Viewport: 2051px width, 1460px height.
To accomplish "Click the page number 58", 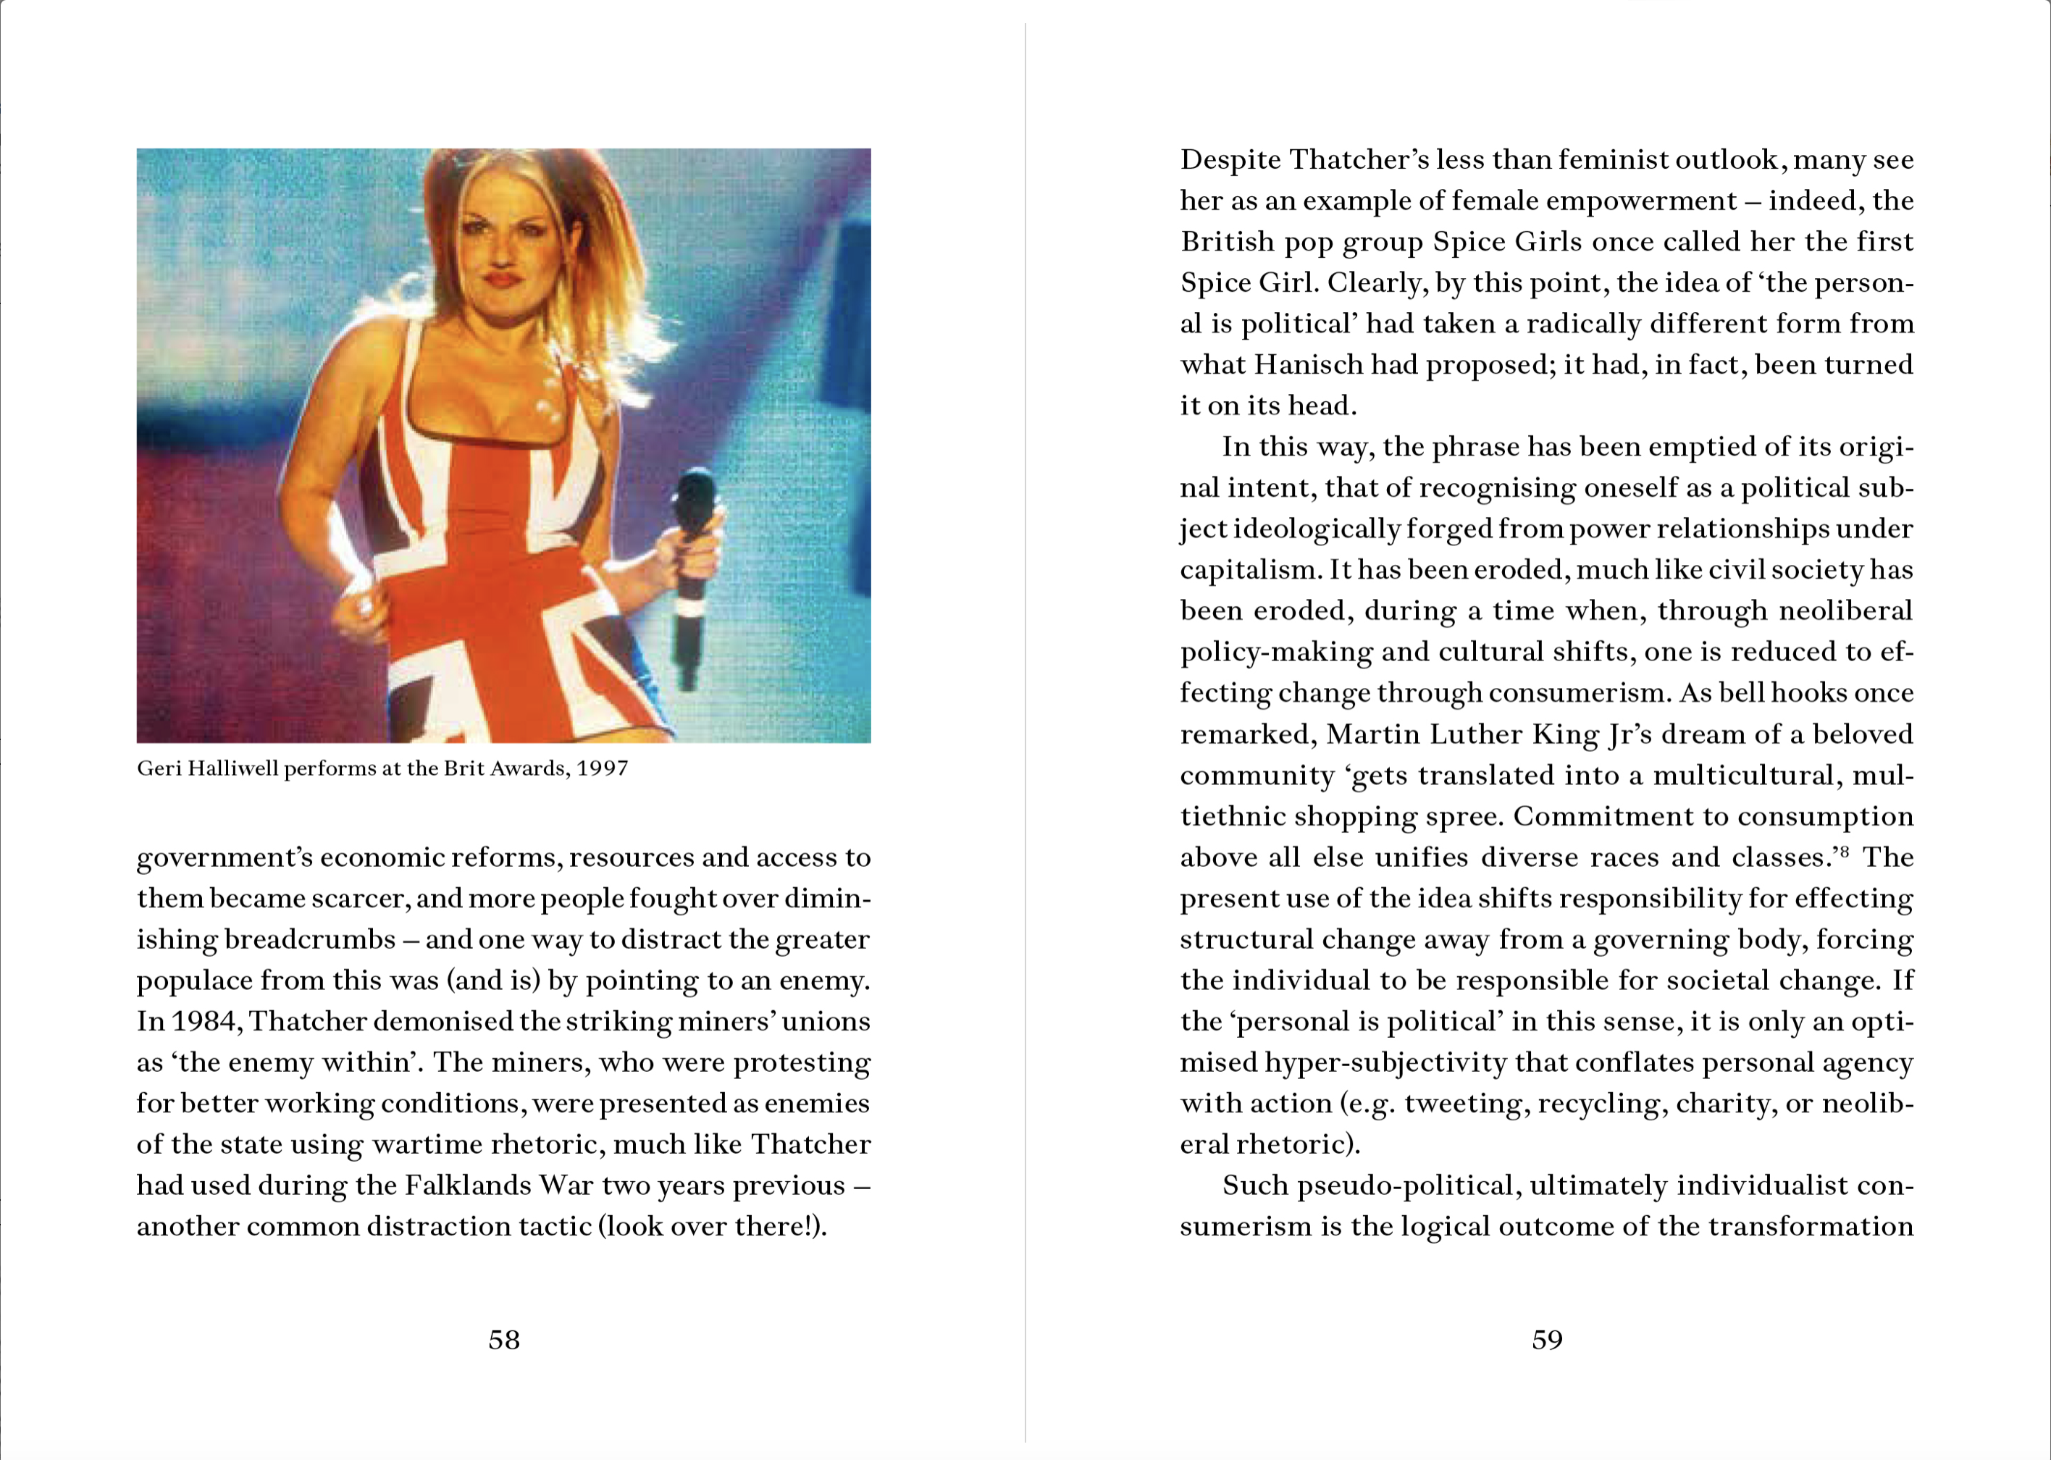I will click(x=503, y=1340).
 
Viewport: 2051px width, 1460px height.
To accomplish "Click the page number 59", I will click(x=1547, y=1340).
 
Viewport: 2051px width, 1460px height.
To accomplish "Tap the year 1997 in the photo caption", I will click(x=601, y=768).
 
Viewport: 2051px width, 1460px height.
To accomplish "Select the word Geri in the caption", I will click(x=159, y=768).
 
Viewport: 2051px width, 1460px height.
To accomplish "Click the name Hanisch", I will click(x=1309, y=364).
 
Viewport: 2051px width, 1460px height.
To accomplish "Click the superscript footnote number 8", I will click(x=1843, y=850).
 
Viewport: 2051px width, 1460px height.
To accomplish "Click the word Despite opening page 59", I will click(x=1230, y=159).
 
